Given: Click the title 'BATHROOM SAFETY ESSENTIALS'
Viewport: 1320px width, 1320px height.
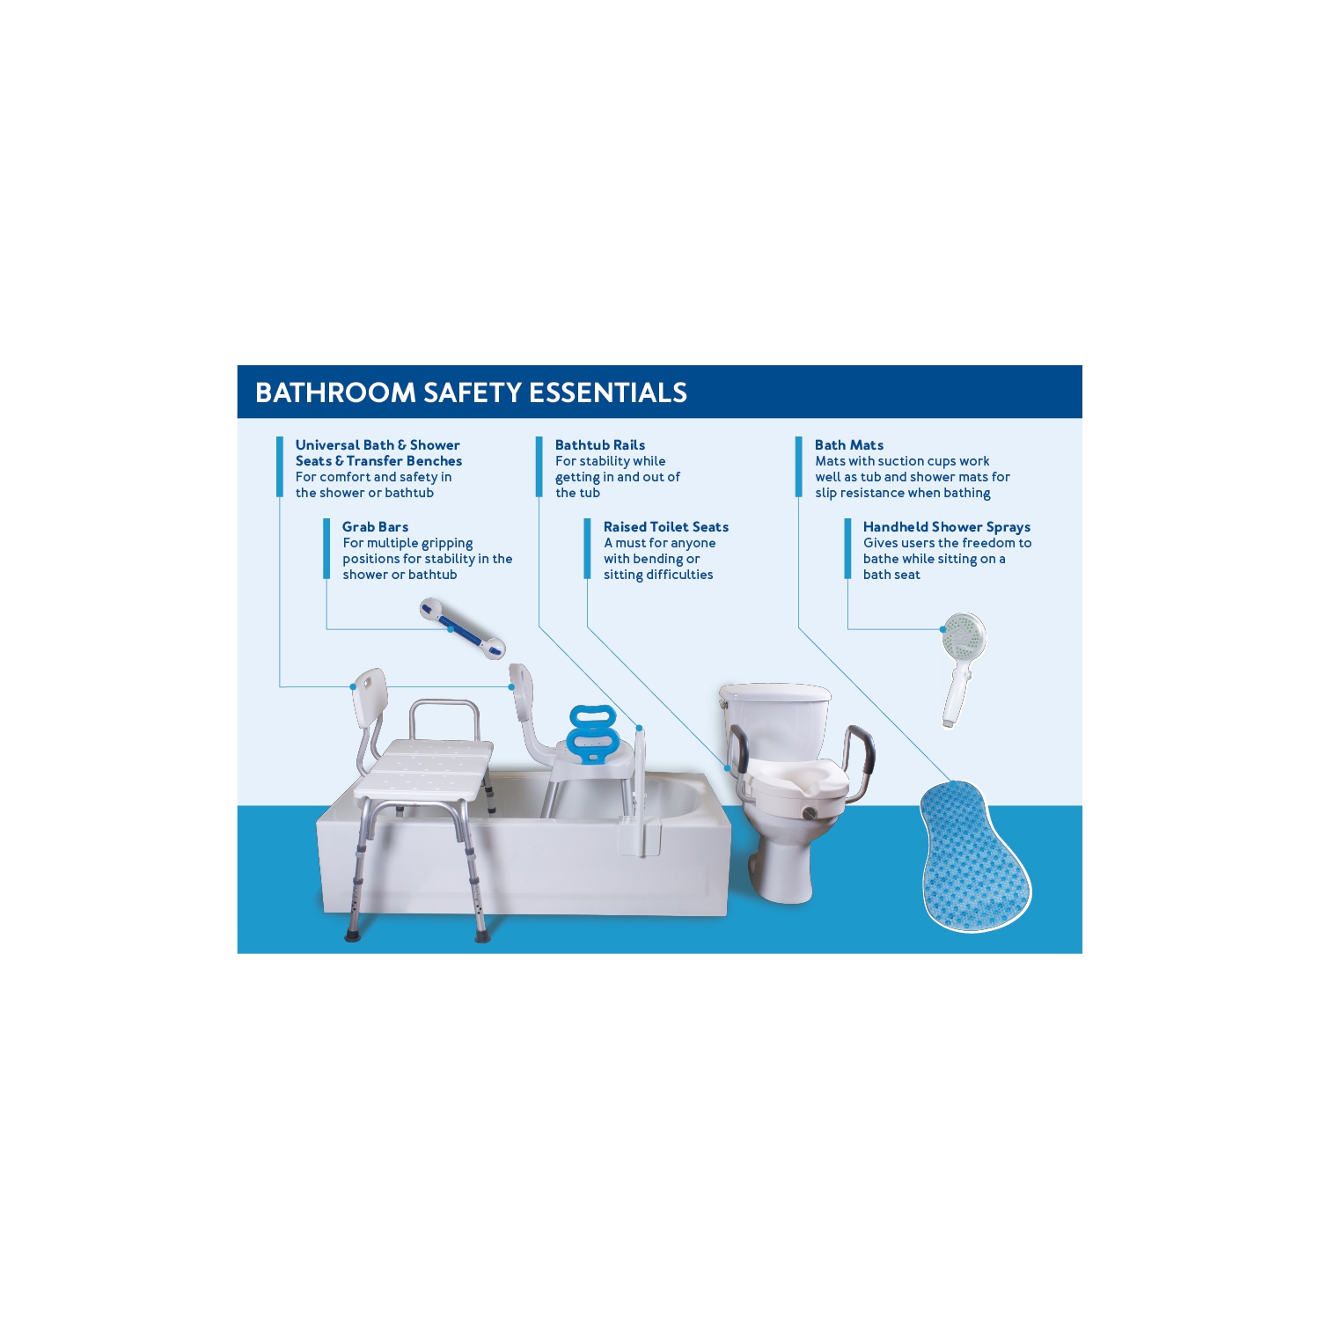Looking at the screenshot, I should coord(471,392).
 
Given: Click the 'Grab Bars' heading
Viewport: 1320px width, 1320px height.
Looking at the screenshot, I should coord(375,527).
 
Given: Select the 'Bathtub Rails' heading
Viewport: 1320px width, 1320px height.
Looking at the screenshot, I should coord(599,445).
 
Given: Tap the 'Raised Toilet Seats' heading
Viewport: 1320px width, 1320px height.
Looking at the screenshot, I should coord(665,527).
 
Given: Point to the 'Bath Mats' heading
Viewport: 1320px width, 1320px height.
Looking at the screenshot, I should coord(848,445).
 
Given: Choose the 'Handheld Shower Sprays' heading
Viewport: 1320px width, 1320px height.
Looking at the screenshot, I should coord(946,527).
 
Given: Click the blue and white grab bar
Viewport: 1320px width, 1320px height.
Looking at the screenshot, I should coord(462,628).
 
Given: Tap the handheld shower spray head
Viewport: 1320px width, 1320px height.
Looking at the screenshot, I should coord(963,635).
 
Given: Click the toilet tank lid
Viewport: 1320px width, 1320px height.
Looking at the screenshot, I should coord(774,693).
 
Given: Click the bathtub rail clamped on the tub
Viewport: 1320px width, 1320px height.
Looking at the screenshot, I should coord(641,792).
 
